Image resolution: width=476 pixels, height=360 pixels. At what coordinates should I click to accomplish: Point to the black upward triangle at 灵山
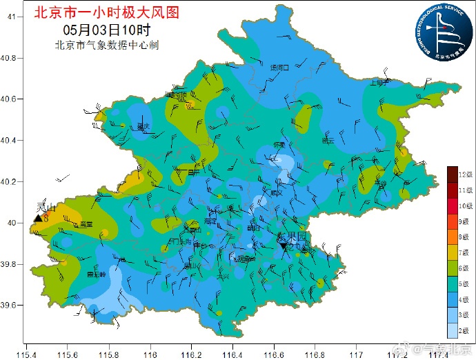(x=38, y=219)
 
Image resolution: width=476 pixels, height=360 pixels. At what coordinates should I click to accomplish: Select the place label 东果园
(x=292, y=237)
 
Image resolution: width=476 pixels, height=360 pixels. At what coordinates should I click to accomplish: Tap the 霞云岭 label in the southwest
(x=95, y=274)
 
